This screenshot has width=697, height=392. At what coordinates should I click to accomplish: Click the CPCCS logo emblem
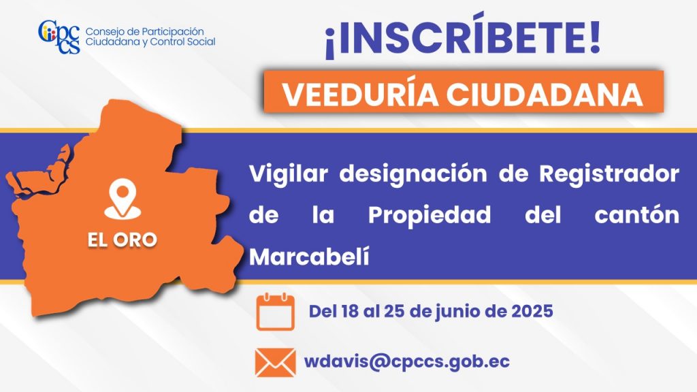(x=59, y=37)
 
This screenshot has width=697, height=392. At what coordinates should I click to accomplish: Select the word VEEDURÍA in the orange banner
(x=360, y=94)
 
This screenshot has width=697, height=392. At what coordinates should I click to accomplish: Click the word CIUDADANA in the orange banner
(x=545, y=94)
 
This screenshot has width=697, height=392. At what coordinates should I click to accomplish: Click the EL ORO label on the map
(x=123, y=240)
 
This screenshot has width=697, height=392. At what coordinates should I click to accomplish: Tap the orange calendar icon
(x=275, y=311)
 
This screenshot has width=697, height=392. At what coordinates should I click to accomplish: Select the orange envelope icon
(x=275, y=362)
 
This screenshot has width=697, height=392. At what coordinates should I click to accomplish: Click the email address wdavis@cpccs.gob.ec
(x=407, y=361)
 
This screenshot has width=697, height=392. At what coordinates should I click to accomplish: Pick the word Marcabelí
(x=309, y=257)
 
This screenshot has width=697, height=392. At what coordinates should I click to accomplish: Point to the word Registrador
(x=609, y=174)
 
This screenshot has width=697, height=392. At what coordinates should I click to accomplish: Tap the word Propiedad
(x=429, y=216)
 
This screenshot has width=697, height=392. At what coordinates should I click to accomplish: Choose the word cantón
(x=636, y=215)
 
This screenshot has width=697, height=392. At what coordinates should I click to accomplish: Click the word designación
(x=413, y=174)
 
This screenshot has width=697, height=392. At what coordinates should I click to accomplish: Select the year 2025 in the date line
(x=532, y=311)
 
